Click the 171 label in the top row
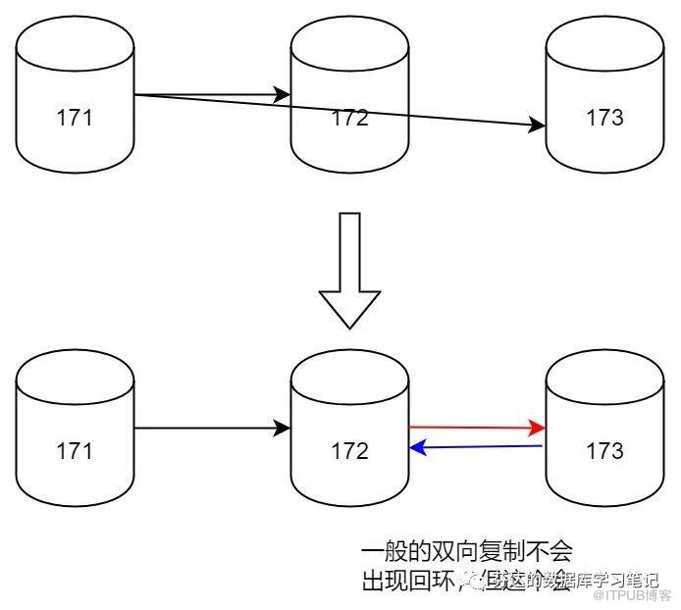pos(75,119)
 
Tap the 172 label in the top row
pos(349,119)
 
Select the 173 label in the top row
pos(604,119)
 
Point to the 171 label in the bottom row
pos(75,451)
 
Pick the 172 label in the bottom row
pos(349,451)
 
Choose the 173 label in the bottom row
pos(604,451)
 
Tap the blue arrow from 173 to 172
pos(476,447)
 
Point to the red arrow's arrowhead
pos(537,428)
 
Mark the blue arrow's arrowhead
pos(417,448)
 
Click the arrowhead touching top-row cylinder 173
pos(537,126)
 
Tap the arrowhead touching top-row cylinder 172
pos(283,95)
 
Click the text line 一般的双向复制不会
pos(466,551)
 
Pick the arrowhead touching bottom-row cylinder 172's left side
pos(283,429)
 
